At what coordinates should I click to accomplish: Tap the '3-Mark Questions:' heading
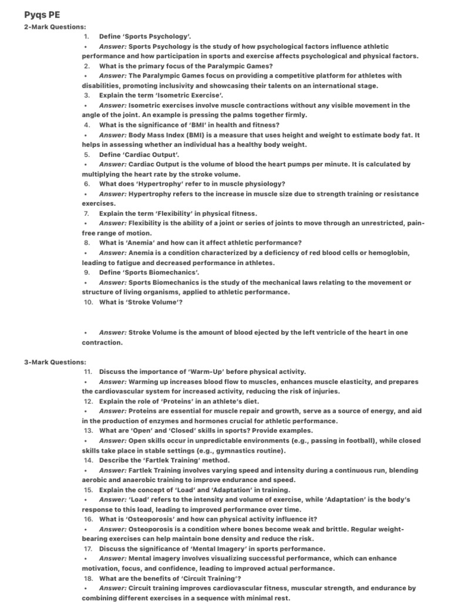click(x=55, y=362)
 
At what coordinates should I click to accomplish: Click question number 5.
click(x=86, y=155)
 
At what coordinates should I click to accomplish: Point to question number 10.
click(x=88, y=302)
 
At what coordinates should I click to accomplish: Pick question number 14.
click(x=88, y=460)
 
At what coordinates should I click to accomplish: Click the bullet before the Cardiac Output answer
click(x=86, y=165)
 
